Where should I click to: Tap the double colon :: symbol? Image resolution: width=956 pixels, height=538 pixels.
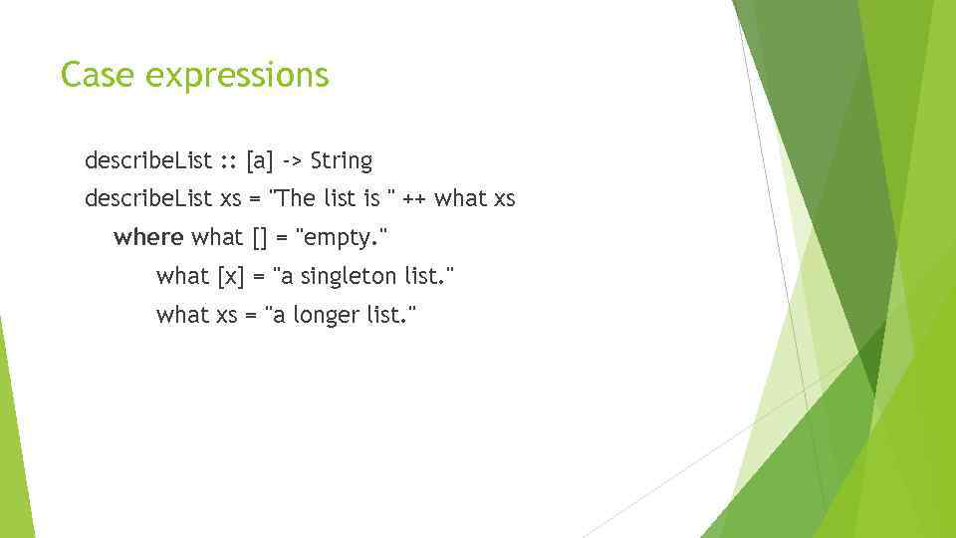229,160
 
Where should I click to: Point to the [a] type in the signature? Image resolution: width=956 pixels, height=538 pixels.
260,160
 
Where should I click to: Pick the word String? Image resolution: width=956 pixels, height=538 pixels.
342,160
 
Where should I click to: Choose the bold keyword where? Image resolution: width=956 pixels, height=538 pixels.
148,237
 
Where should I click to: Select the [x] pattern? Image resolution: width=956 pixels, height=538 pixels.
230,276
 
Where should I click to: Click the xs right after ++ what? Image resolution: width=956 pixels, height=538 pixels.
503,198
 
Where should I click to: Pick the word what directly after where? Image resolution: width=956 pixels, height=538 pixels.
217,237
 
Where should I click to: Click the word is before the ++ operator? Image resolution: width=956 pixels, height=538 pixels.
372,198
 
